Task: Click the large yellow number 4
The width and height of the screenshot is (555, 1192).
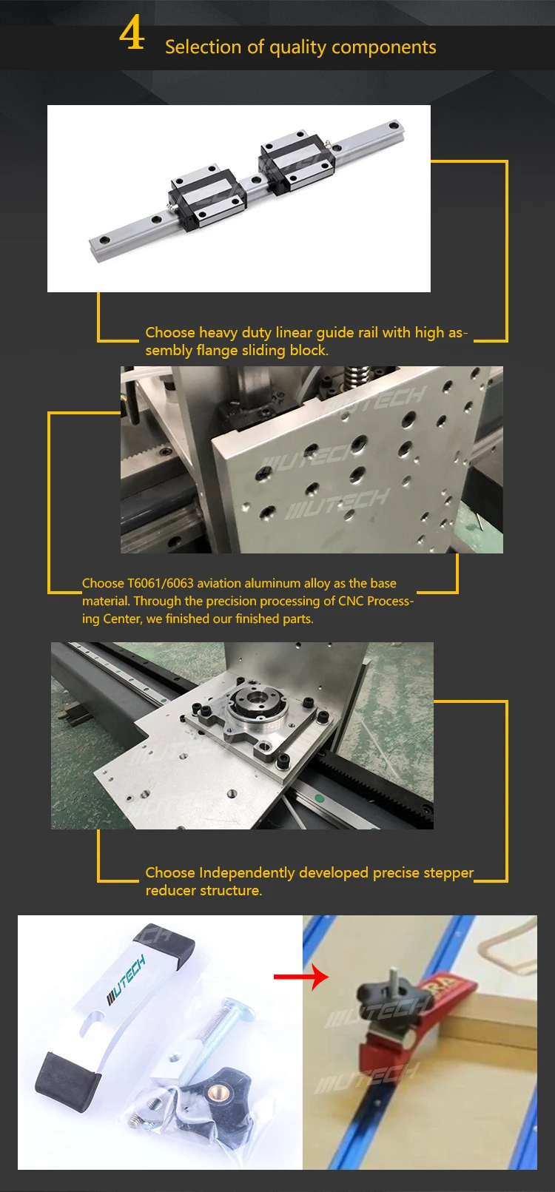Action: point(132,33)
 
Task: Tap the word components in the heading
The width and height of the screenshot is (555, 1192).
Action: point(383,47)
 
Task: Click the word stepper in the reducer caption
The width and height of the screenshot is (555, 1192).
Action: point(448,873)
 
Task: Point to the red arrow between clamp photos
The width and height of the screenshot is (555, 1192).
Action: point(301,977)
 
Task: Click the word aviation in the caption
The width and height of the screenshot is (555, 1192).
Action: point(221,583)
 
